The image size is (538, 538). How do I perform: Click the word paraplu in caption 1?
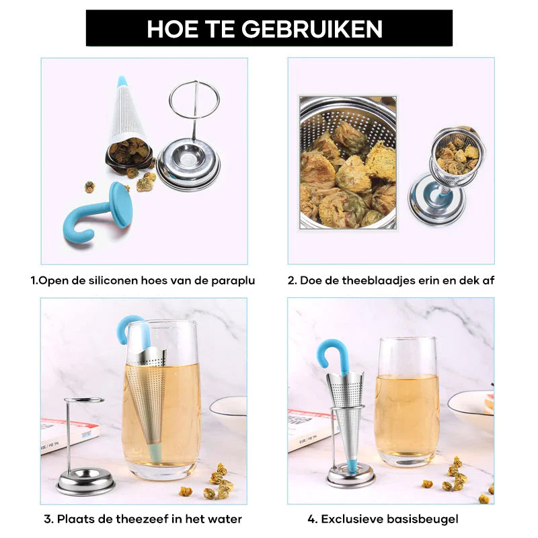(x=233, y=280)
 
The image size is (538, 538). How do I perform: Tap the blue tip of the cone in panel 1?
(x=122, y=81)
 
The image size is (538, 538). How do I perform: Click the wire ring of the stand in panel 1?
(x=194, y=100)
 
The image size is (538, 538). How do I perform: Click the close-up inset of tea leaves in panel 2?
(x=348, y=162)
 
